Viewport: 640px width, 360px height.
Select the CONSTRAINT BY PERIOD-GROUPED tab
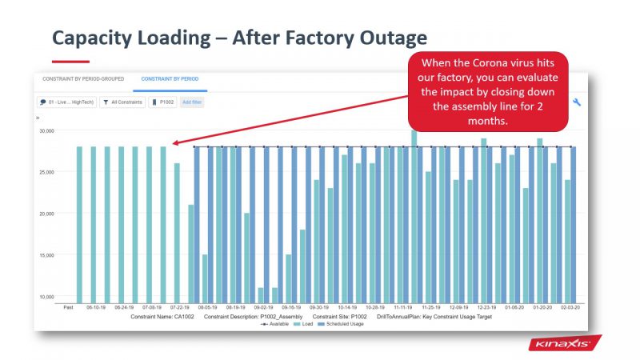click(x=78, y=79)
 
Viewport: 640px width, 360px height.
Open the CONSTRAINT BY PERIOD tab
click(x=170, y=79)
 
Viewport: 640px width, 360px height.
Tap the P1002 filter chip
click(x=162, y=102)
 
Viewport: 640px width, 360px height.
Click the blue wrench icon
click(x=578, y=102)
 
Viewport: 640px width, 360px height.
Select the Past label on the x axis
click(x=69, y=306)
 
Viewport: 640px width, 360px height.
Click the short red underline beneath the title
click(x=70, y=61)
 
